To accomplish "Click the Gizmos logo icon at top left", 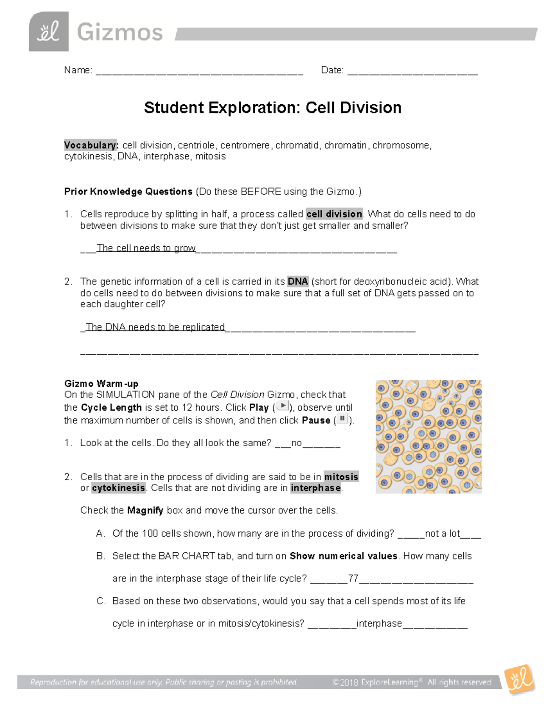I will pyautogui.click(x=49, y=31).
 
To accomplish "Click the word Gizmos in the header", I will pyautogui.click(x=120, y=32).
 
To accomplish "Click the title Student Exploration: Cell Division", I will pyautogui.click(x=273, y=108).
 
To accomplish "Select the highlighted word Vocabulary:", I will pyautogui.click(x=91, y=145).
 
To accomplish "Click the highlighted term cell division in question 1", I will pyautogui.click(x=334, y=214).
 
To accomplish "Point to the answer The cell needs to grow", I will pyautogui.click(x=146, y=248).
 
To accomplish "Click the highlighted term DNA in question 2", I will pyautogui.click(x=298, y=282).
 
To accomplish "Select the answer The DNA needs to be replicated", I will pyautogui.click(x=155, y=327).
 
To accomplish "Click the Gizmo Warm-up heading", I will pyautogui.click(x=101, y=383).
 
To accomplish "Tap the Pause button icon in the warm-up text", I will pyautogui.click(x=342, y=419).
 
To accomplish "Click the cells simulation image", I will pyautogui.click(x=428, y=437).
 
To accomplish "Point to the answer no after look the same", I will pyautogui.click(x=296, y=443).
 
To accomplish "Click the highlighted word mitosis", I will pyautogui.click(x=341, y=477).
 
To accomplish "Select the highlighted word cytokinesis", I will pyautogui.click(x=118, y=488).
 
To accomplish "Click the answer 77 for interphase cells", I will pyautogui.click(x=353, y=579).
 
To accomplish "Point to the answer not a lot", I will pyautogui.click(x=442, y=534).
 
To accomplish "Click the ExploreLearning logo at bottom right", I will pyautogui.click(x=520, y=679).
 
